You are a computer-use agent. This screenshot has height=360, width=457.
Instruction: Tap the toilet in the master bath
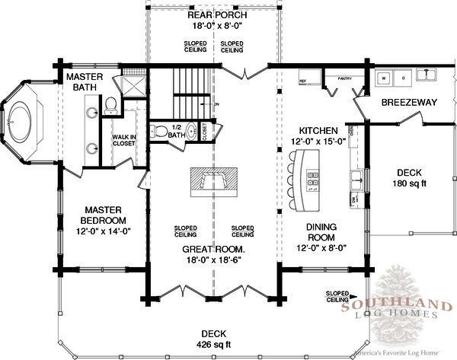110,104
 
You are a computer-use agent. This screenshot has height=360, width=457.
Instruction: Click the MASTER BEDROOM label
105,215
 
